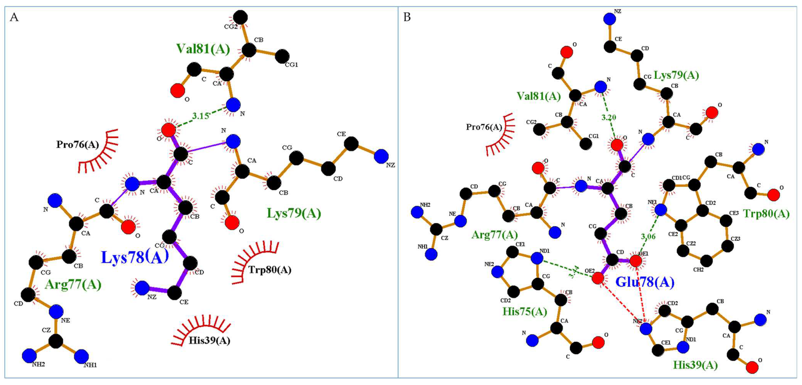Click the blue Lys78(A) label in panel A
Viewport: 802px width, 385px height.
[x=135, y=257]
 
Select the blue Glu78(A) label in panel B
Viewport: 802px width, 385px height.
[x=645, y=282]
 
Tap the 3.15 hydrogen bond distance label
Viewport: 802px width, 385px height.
[x=200, y=116]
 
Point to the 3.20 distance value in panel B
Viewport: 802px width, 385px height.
[x=608, y=117]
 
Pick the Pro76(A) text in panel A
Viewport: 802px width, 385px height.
[x=78, y=145]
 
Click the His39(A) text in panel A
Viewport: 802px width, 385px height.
[x=209, y=340]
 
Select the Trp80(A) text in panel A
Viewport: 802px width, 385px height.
[x=270, y=269]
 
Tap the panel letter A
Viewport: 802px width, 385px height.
[x=14, y=17]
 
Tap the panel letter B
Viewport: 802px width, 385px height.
[x=407, y=17]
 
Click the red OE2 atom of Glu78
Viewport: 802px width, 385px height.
[x=598, y=278]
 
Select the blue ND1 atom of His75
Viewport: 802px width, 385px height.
[x=537, y=258]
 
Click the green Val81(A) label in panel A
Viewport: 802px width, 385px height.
[x=203, y=49]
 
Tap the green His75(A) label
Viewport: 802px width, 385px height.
[x=525, y=312]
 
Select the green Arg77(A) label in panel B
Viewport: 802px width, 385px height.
[x=494, y=234]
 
